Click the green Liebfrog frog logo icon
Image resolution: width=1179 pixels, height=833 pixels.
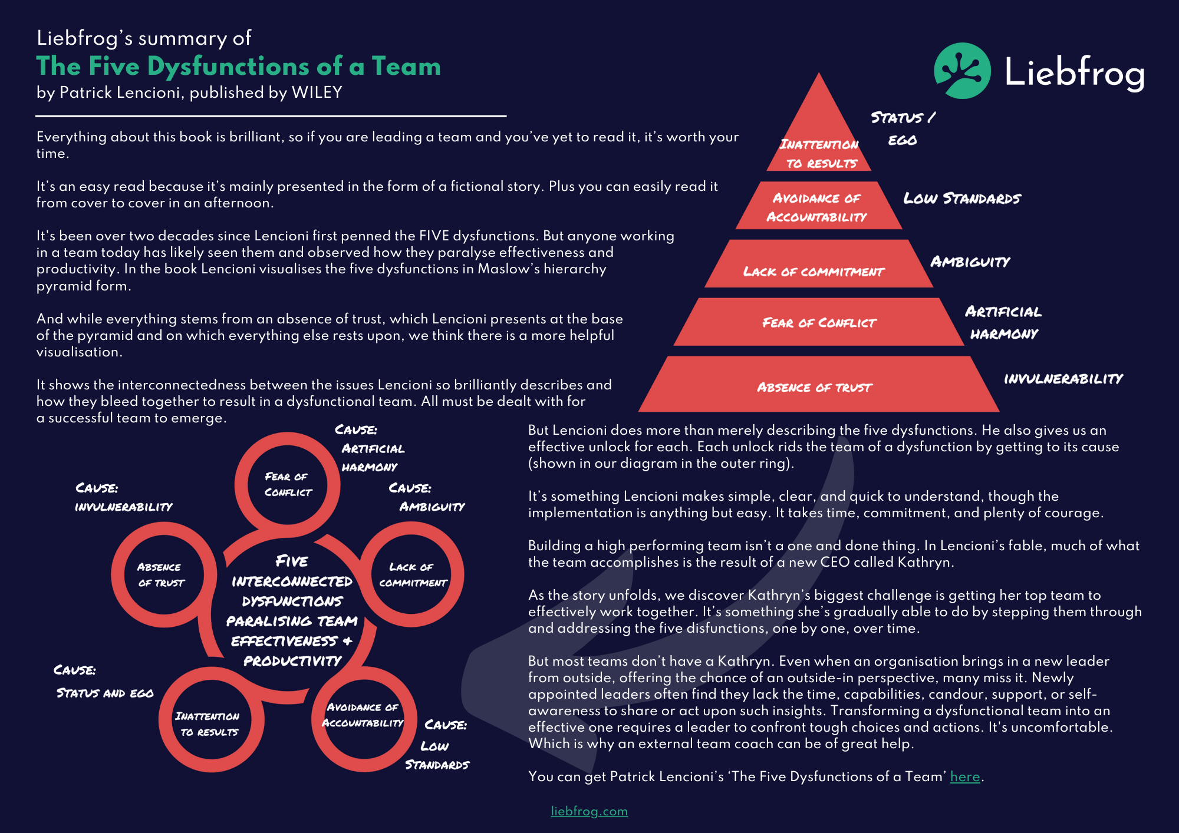[x=962, y=71]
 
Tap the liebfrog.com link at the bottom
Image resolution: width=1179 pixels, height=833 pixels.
[x=589, y=811]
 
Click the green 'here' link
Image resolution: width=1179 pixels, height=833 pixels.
[x=964, y=776]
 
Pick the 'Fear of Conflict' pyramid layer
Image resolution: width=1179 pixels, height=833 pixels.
[x=818, y=322]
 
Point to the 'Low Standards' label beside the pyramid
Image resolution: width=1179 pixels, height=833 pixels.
[x=961, y=199]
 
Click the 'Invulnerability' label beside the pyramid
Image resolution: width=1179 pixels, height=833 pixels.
[x=1063, y=379]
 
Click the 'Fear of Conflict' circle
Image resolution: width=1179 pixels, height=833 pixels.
[x=288, y=484]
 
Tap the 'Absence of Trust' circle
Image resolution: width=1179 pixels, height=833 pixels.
[x=162, y=574]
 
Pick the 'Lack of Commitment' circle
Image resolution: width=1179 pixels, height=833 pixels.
[x=411, y=574]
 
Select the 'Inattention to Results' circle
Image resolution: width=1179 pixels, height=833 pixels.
[x=209, y=723]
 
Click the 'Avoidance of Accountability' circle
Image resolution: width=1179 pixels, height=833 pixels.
[x=363, y=715]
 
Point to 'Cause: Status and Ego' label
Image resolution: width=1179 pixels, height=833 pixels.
[x=104, y=682]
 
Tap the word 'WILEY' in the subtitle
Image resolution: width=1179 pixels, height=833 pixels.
[x=317, y=92]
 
